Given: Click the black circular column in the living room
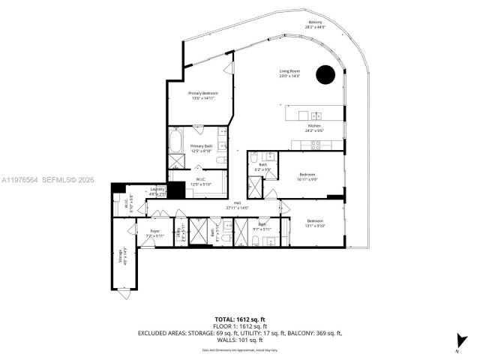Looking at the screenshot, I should coord(325,74).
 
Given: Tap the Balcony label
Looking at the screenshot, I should coord(315,25).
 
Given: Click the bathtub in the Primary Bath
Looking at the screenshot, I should coord(177,141).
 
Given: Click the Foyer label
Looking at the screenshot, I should coord(154,232).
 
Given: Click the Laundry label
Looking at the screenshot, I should coord(157,191).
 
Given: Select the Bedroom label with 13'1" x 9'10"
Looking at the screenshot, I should coord(315,223).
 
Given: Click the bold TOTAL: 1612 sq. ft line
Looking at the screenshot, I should coord(240,319).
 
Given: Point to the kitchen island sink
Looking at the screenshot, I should coord(318,115).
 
